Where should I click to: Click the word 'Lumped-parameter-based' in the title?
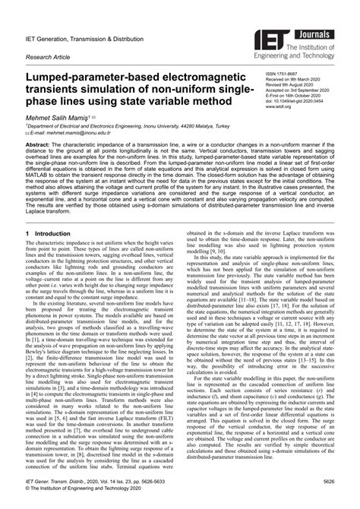[94, 80]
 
